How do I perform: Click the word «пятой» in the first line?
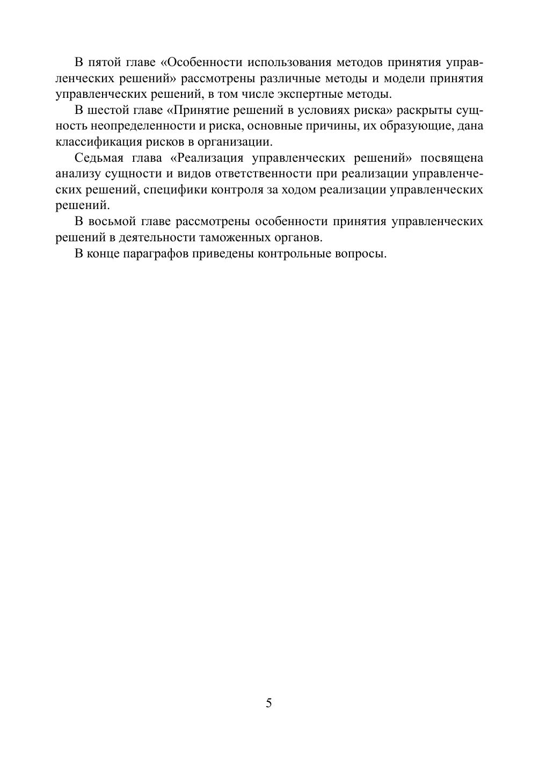coord(106,62)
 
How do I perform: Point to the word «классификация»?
coord(98,142)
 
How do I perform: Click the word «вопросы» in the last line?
coord(365,254)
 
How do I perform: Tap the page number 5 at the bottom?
coord(269,703)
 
